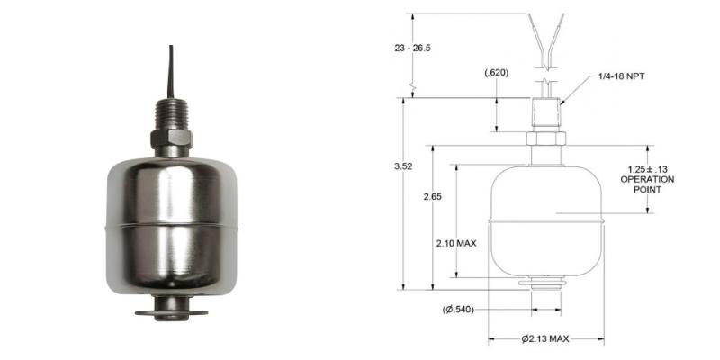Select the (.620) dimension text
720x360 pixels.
click(x=496, y=72)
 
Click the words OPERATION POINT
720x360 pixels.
click(x=647, y=184)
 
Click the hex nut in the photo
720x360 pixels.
click(x=169, y=140)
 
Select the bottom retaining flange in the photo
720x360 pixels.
click(x=169, y=314)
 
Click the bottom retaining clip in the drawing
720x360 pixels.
click(x=544, y=286)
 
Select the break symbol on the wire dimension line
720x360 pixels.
click(x=411, y=87)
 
